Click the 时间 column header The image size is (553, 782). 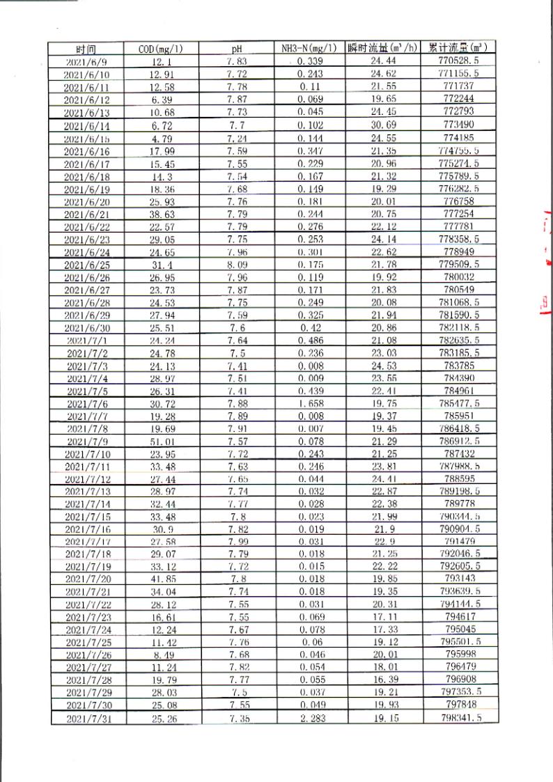[x=86, y=49]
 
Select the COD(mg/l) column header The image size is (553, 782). [x=161, y=49]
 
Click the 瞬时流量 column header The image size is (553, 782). [x=384, y=48]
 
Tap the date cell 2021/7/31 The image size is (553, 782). [x=88, y=719]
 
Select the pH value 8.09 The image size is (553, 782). [x=237, y=265]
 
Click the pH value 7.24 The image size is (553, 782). [x=237, y=138]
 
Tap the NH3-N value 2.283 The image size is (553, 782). [x=311, y=718]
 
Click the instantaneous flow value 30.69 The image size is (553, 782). [x=384, y=125]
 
